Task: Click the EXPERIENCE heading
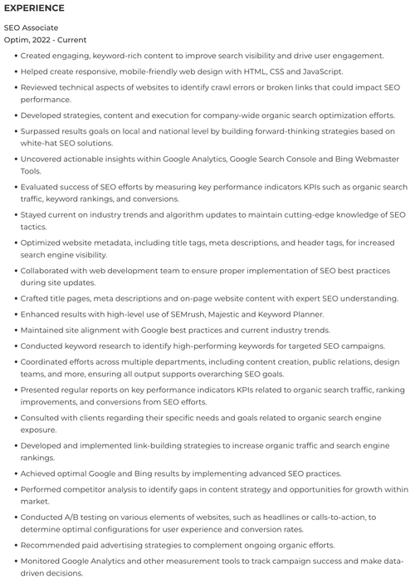click(35, 8)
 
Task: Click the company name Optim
click(17, 39)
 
